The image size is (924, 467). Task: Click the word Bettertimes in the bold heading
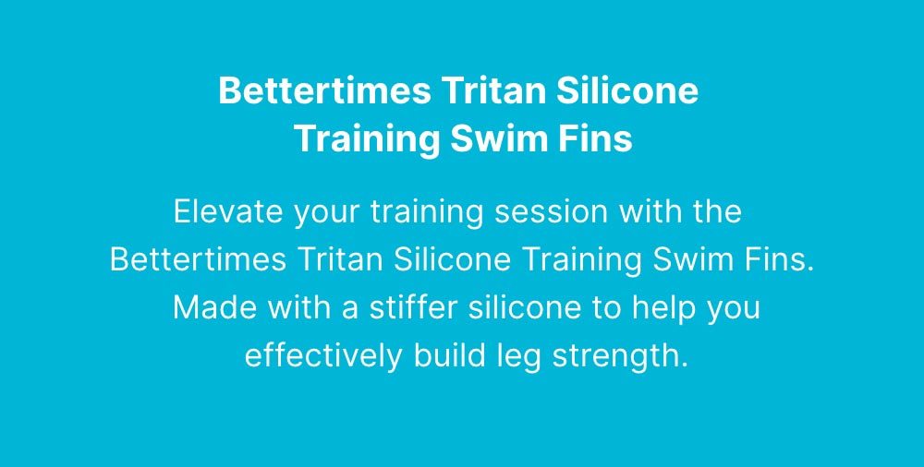tap(324, 90)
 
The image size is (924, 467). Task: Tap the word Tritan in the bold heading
tap(493, 90)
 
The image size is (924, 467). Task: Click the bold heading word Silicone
tap(627, 90)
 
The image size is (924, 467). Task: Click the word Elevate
tap(228, 211)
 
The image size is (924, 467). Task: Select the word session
tap(551, 211)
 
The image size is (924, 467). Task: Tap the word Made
tap(215, 308)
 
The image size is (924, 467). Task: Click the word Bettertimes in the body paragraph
tap(199, 259)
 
